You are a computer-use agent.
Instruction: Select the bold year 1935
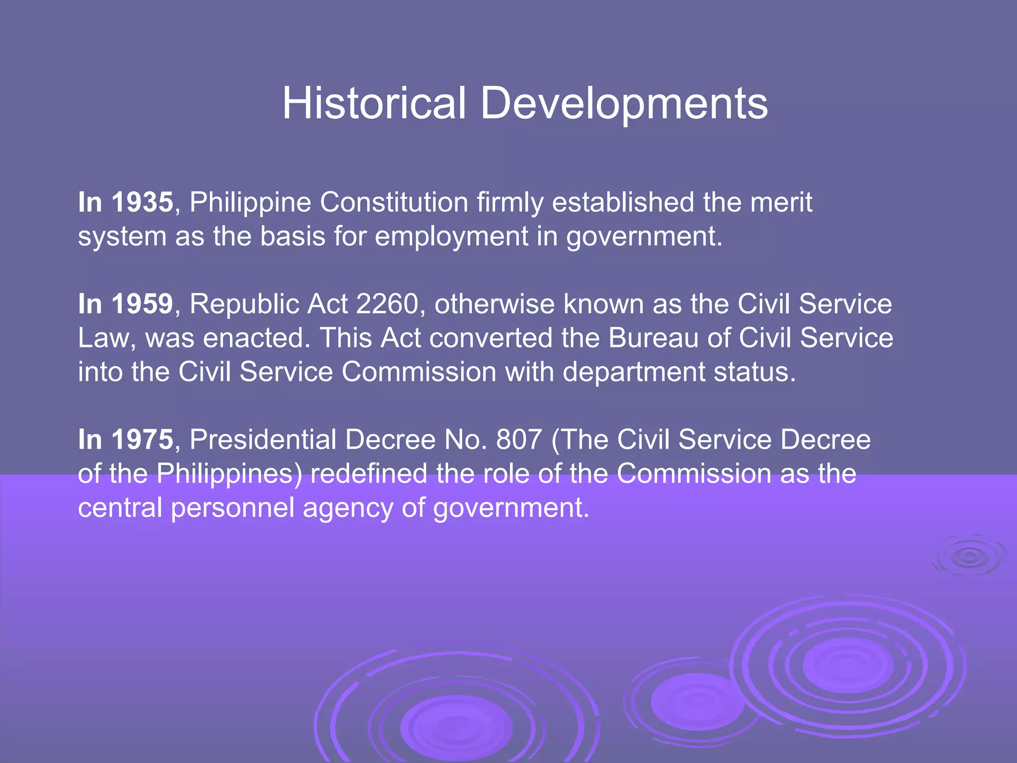[x=142, y=203]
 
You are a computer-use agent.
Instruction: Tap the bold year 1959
[x=142, y=304]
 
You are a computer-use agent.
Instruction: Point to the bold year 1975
[x=142, y=440]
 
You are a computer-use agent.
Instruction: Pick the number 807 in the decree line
[x=519, y=440]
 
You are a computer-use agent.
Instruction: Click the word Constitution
[x=394, y=203]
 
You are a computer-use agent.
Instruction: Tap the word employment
[x=451, y=236]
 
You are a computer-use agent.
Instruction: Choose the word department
[x=633, y=372]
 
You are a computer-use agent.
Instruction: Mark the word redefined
[x=368, y=473]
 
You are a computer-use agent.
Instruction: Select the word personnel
[x=232, y=508]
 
